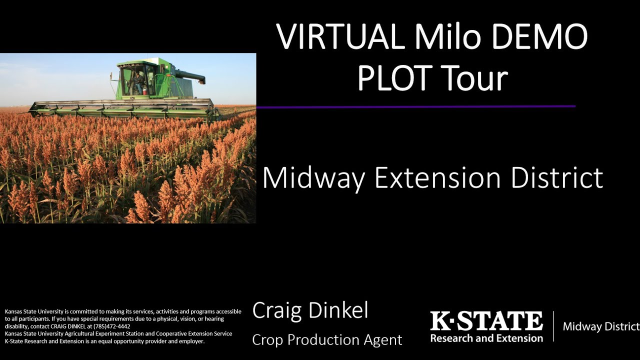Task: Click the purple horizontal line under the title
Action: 415,106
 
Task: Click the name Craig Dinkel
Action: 310,310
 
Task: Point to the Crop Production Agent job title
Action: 327,340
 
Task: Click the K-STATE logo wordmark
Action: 486,321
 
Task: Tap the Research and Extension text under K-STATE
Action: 486,338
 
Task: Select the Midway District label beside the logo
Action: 601,326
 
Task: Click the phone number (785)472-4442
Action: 112,326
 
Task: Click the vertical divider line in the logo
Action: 553,326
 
